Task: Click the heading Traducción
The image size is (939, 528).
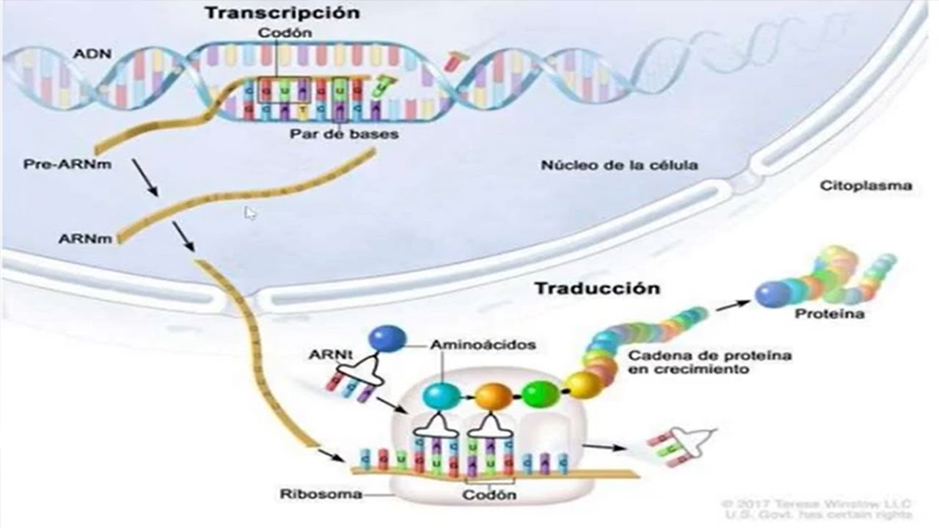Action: pos(596,287)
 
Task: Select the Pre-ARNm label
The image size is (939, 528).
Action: pos(67,164)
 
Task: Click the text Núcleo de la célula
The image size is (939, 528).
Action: pos(619,165)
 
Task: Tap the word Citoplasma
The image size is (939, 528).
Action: pos(866,186)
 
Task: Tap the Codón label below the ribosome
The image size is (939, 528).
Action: pos(489,494)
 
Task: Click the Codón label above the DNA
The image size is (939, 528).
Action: pos(285,34)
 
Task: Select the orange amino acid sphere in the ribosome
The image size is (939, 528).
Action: pos(494,397)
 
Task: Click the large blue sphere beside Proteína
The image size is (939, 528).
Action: pos(771,295)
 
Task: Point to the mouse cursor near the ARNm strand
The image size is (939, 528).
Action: pos(250,213)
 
